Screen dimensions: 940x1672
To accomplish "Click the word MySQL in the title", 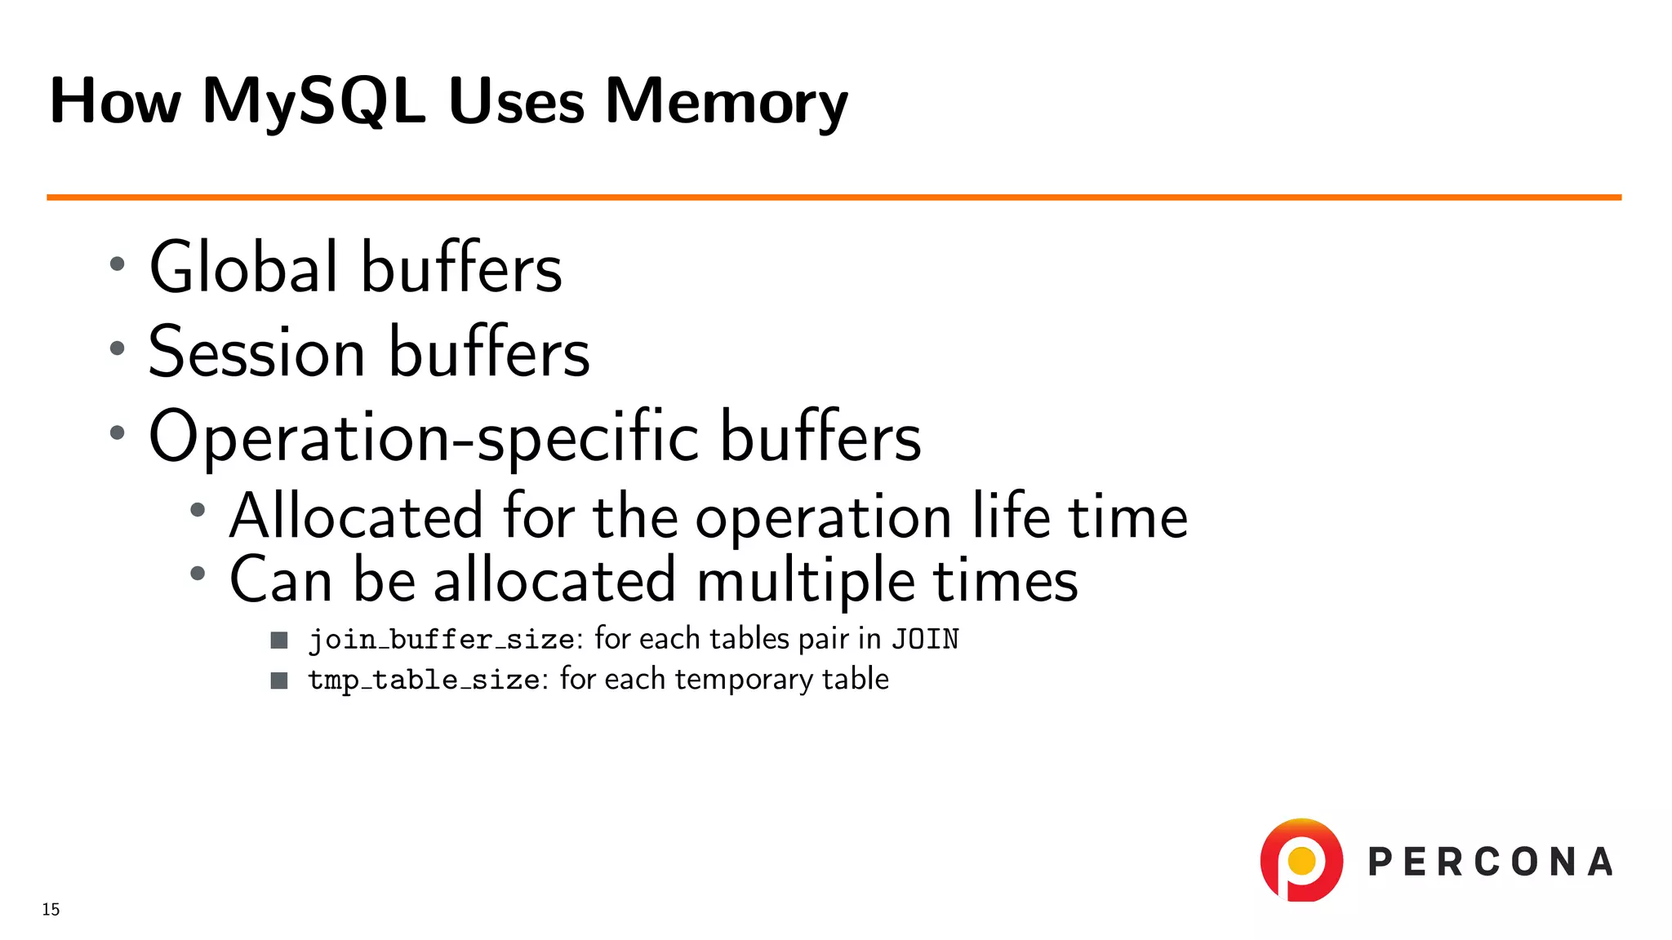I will pyautogui.click(x=313, y=101).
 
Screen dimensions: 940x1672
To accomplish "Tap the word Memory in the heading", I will pyautogui.click(x=726, y=101).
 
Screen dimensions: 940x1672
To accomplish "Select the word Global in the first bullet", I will pyautogui.click(x=243, y=268).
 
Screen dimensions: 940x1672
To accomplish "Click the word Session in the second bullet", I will pyautogui.click(x=256, y=352).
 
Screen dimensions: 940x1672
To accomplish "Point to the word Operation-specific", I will pyautogui.click(x=423, y=437).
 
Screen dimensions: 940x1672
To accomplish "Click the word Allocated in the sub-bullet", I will pyautogui.click(x=356, y=517).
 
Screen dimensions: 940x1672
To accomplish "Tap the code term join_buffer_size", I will pyautogui.click(x=441, y=639).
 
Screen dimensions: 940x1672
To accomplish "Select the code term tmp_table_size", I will pyautogui.click(x=424, y=680).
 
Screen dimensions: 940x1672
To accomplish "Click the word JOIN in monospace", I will pyautogui.click(x=925, y=639).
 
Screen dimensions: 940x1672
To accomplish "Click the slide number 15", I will pyautogui.click(x=51, y=909).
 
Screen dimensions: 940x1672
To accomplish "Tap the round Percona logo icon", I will pyautogui.click(x=1301, y=860).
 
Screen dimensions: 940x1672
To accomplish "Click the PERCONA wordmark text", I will pyautogui.click(x=1490, y=862).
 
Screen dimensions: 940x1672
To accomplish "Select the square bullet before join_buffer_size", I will pyautogui.click(x=279, y=640).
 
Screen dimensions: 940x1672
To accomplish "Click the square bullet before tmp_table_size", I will pyautogui.click(x=279, y=681).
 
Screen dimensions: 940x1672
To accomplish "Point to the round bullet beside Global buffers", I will pyautogui.click(x=118, y=264).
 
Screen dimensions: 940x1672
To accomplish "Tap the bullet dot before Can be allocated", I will pyautogui.click(x=198, y=574).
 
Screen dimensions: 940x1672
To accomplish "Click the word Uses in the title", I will pyautogui.click(x=516, y=101).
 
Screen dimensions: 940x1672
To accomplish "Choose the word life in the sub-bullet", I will pyautogui.click(x=1011, y=517).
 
